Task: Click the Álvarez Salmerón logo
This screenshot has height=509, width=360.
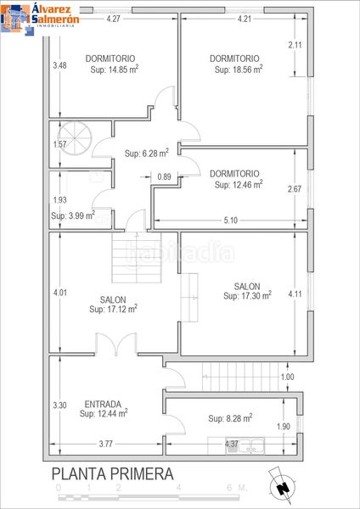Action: pos(40,17)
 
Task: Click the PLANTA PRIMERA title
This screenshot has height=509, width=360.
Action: pos(112,474)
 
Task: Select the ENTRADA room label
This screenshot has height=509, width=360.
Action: pos(103,404)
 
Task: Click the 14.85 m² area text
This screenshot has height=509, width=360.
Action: pos(114,70)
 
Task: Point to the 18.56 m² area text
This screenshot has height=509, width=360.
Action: pos(238,70)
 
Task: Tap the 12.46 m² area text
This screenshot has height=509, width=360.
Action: pos(238,184)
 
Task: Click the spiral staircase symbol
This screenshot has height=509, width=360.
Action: pos(75,138)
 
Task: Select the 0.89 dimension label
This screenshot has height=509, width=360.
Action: pos(164,177)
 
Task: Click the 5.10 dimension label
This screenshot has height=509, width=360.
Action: pos(231,221)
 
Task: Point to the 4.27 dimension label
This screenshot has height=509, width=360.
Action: pos(114,19)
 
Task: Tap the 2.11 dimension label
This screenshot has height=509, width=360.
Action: pos(295,45)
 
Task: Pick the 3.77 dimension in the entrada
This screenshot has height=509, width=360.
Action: pos(106,444)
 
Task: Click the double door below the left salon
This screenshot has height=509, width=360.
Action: pos(116,344)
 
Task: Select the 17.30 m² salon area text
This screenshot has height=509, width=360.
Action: pos(247,295)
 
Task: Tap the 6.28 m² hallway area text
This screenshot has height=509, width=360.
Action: pos(147,153)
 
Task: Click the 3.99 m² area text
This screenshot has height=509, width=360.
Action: pos(73,215)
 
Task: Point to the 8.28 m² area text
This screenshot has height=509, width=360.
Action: pos(230,418)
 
